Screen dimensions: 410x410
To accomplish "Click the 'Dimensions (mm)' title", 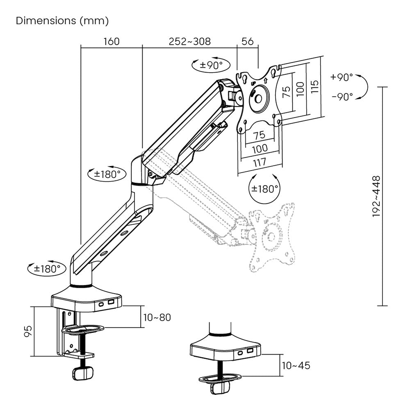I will click(62, 21).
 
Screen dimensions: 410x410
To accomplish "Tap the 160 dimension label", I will click(111, 41).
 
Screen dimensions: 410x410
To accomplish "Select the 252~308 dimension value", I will click(189, 41).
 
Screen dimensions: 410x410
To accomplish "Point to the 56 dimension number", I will click(248, 41).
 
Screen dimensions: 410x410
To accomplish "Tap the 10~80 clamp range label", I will click(157, 317).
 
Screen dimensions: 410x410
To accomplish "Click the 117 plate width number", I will click(260, 162).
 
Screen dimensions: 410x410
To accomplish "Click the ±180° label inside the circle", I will click(265, 189).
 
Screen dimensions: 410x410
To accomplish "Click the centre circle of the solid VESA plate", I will click(259, 98).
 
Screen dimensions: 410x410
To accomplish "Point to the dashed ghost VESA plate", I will click(273, 238).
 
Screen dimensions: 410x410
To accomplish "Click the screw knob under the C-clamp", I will click(83, 374).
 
